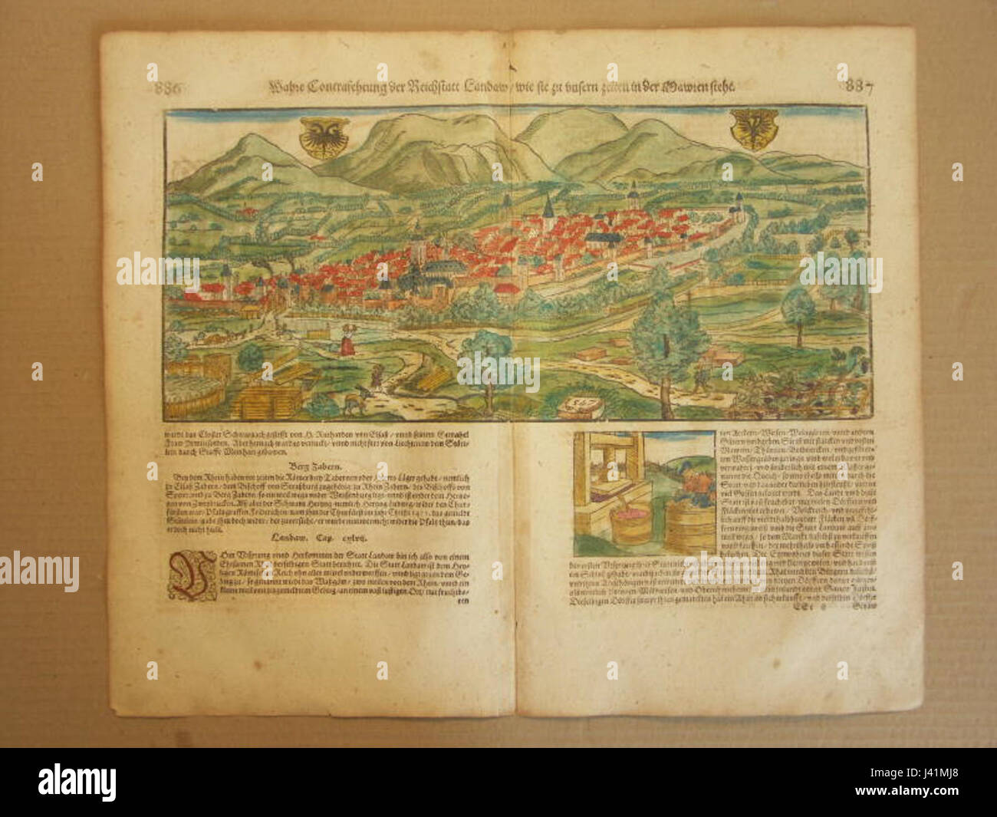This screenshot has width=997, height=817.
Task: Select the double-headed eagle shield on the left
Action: point(314,138)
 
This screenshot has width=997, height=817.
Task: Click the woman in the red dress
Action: point(346,340)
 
